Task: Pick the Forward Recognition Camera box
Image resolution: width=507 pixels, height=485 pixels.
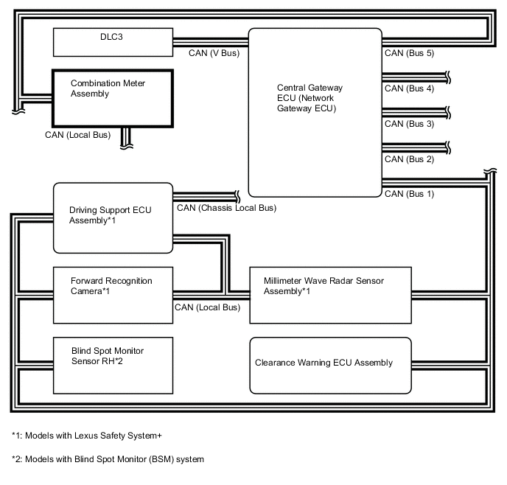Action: coord(112,295)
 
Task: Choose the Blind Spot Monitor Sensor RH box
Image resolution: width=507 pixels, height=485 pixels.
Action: coord(112,365)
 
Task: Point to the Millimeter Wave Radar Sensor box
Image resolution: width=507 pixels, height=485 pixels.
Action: coord(329,295)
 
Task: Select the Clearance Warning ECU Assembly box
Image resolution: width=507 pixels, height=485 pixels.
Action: coord(329,365)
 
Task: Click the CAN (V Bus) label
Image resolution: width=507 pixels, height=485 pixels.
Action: coord(214,53)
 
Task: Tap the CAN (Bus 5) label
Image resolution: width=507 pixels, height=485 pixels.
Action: coord(409,53)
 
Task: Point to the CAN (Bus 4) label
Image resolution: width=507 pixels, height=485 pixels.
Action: coord(409,88)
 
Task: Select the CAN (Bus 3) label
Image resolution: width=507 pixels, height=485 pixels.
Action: coord(409,124)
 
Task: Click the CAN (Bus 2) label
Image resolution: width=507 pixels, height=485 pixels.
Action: coord(409,159)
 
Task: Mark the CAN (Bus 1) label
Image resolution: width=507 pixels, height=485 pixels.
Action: coord(409,194)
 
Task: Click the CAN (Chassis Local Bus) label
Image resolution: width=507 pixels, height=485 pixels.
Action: coord(226,208)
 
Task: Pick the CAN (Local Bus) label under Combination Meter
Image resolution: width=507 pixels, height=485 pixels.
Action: coord(77,136)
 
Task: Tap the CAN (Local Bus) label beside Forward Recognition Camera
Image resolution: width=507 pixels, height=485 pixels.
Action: coord(207,307)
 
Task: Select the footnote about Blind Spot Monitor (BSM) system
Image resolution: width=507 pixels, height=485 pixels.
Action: coord(108,459)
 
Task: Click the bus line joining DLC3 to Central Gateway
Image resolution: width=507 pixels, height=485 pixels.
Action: coord(210,42)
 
